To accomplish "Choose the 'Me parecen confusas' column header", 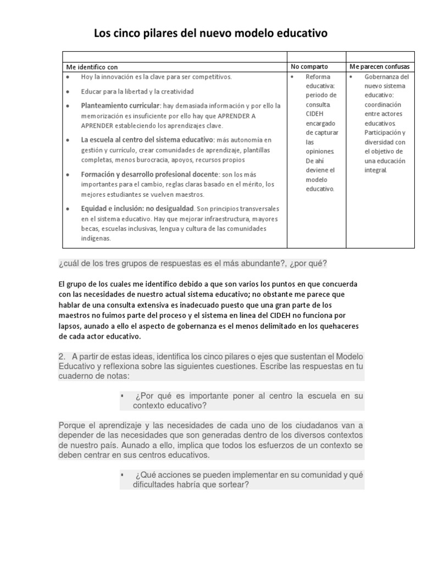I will click(x=380, y=67).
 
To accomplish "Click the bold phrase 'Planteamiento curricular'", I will click(x=120, y=105).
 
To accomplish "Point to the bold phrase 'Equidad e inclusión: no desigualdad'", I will click(x=138, y=209).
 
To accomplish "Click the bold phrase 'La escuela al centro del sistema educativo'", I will click(x=147, y=140).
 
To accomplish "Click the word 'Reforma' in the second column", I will click(x=318, y=77).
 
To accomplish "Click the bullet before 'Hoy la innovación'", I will click(x=67, y=77).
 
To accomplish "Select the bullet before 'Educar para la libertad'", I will click(x=67, y=91).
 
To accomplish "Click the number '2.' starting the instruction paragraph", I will click(x=62, y=357).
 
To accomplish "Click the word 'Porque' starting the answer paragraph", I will click(x=72, y=426).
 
